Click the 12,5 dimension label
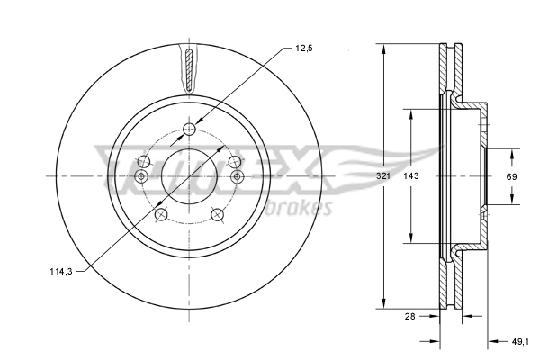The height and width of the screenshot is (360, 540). point(304,49)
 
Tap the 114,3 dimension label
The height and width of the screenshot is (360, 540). point(61,272)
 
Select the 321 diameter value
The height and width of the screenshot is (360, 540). point(382,176)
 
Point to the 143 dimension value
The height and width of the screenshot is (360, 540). point(411,176)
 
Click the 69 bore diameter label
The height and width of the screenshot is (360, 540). point(511,176)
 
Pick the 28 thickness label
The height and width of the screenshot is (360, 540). point(410,316)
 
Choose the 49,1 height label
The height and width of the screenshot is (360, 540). point(520,342)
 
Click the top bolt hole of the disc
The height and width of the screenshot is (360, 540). point(189,130)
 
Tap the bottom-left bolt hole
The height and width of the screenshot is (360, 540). point(161,215)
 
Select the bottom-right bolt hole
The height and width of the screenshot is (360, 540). point(217,215)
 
